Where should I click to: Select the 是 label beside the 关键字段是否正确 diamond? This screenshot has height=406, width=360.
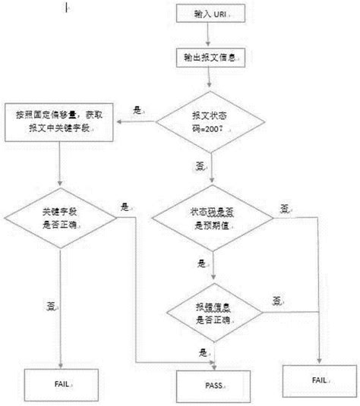click(x=125, y=206)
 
